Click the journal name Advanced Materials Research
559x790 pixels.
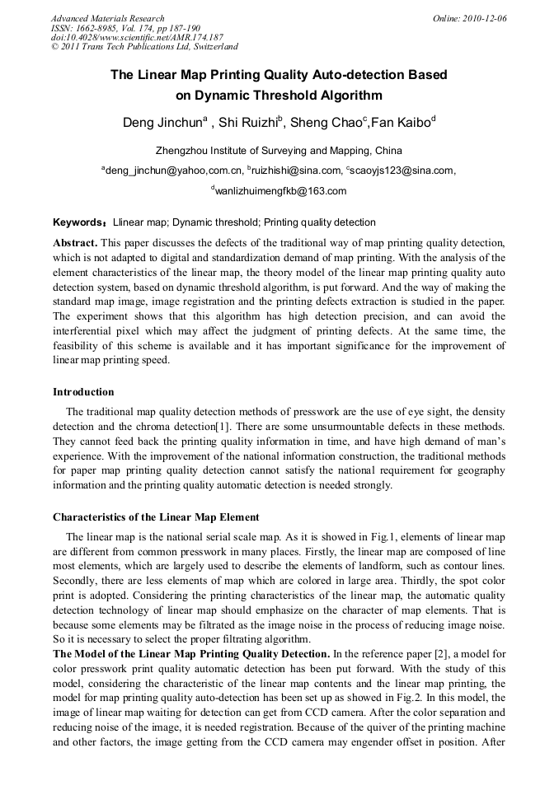[x=107, y=18]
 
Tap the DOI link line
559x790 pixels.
[x=137, y=38]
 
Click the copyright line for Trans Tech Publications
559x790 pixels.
[x=144, y=48]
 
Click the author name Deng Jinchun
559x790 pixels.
[x=160, y=124]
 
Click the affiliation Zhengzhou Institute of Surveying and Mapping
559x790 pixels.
[x=279, y=151]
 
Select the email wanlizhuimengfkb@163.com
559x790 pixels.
[x=280, y=191]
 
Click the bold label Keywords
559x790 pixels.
[x=79, y=222]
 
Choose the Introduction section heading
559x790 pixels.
[x=83, y=391]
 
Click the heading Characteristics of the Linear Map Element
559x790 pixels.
[x=156, y=517]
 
